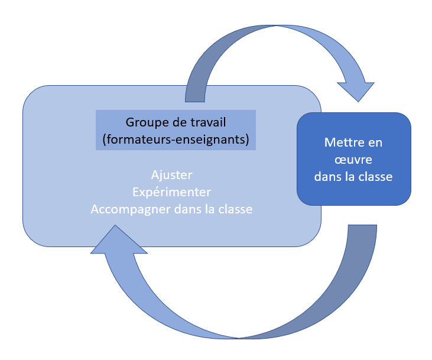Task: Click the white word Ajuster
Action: click(x=171, y=176)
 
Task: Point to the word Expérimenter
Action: click(x=171, y=193)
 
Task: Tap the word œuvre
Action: click(x=353, y=160)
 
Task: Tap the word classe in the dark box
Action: click(x=377, y=176)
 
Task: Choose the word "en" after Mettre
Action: click(x=375, y=142)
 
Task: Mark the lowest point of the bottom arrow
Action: click(x=239, y=338)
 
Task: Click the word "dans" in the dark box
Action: click(x=327, y=176)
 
